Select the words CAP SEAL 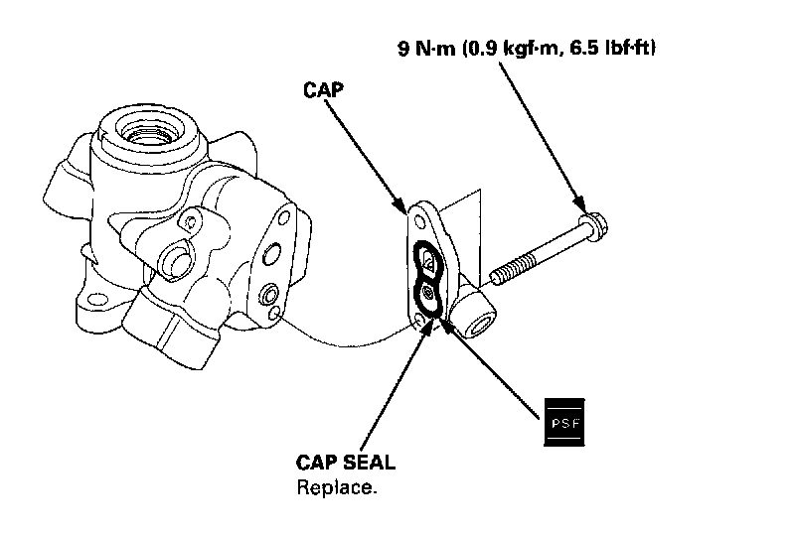(x=345, y=463)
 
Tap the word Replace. (x=336, y=487)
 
